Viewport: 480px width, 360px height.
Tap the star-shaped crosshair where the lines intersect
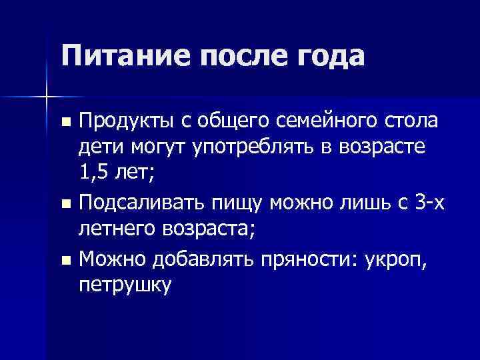47,97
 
